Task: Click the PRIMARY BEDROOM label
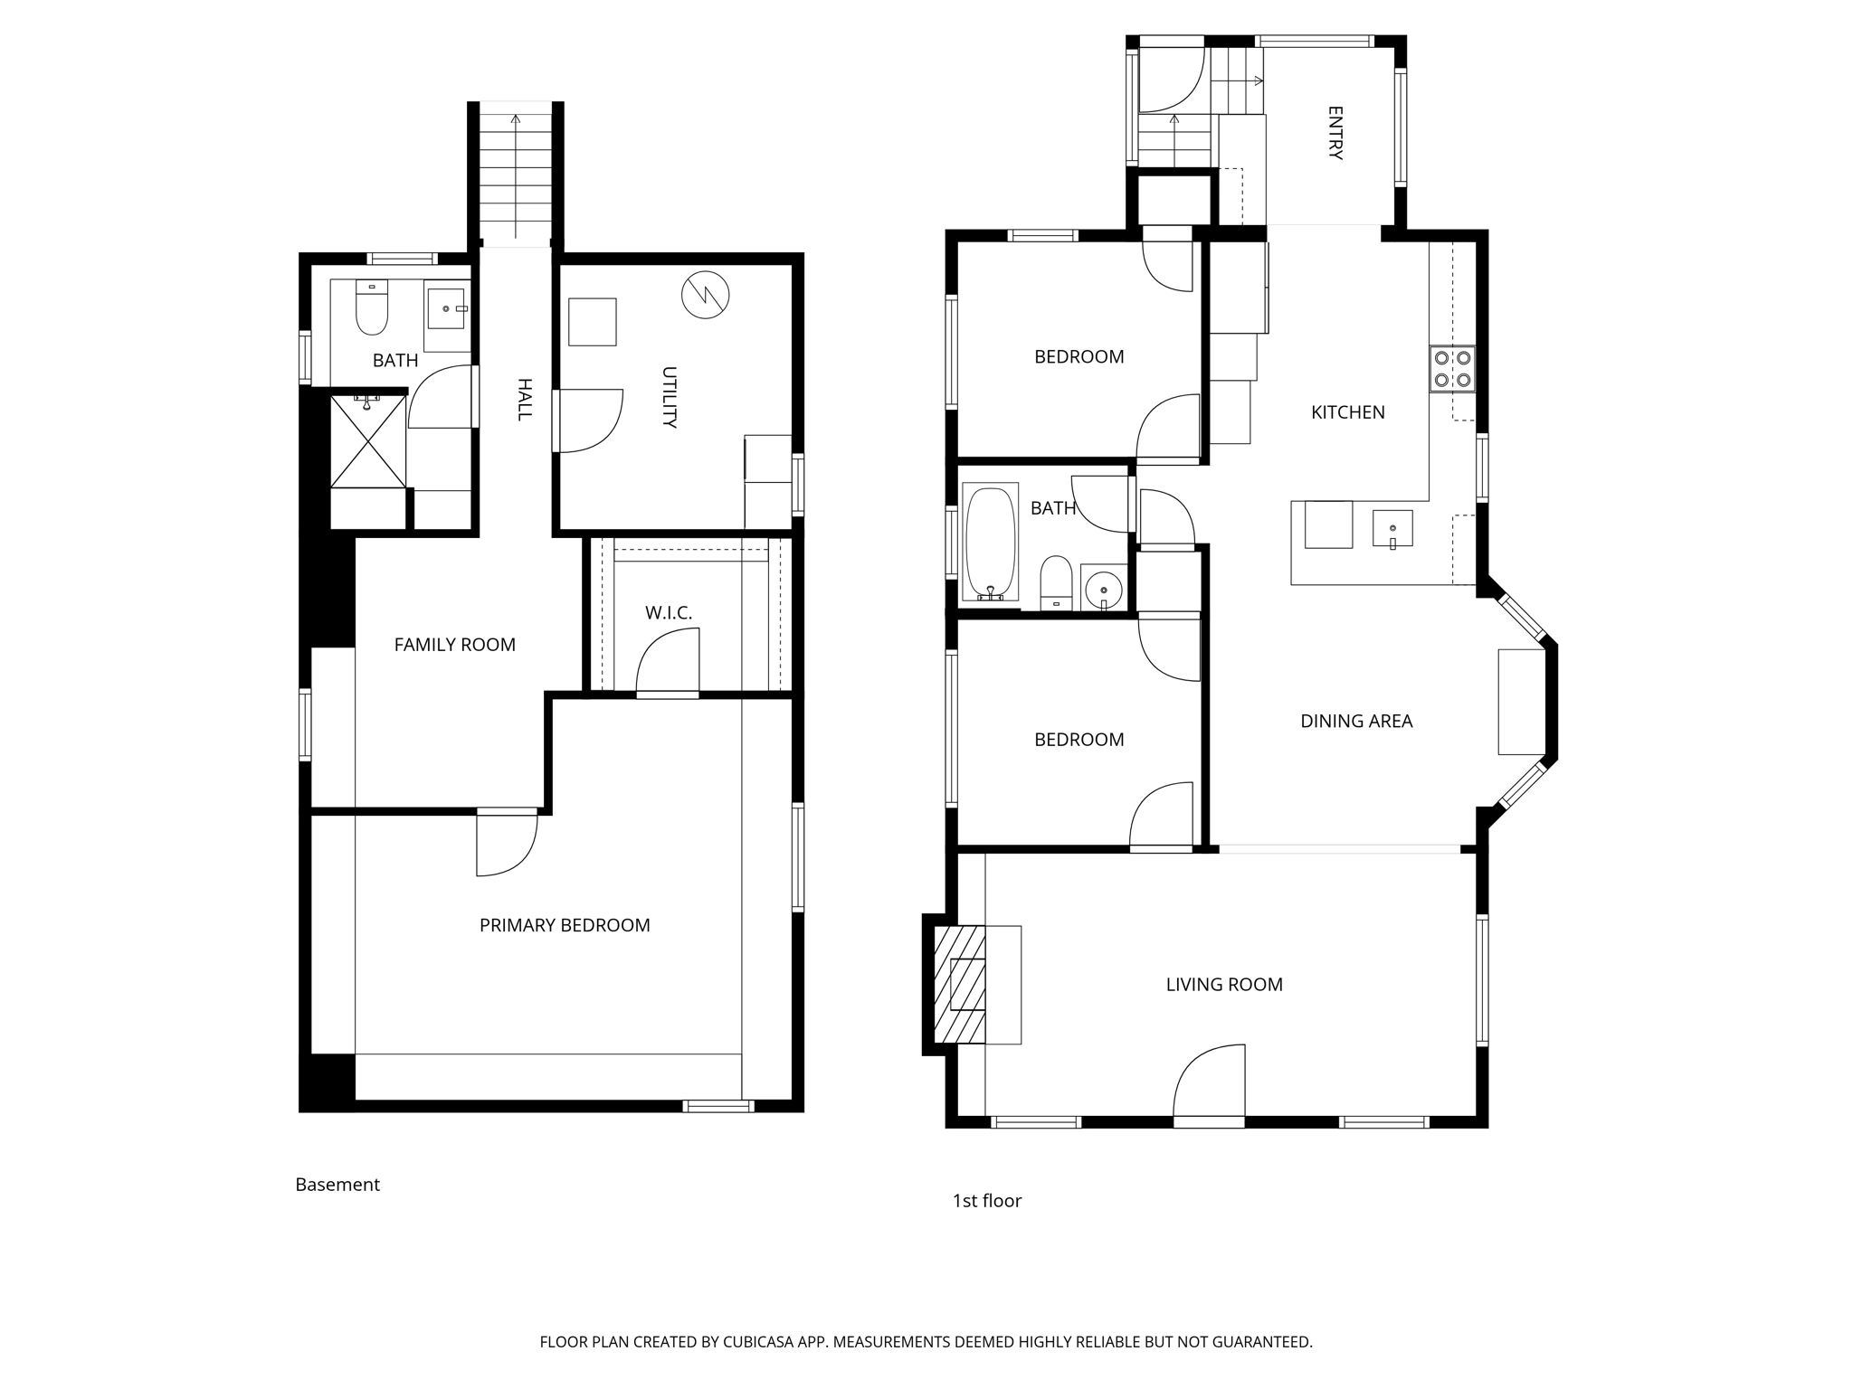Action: (565, 925)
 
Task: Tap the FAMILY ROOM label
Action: (454, 645)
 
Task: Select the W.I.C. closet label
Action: (669, 613)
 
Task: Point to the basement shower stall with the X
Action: (367, 440)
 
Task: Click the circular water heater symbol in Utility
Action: (705, 294)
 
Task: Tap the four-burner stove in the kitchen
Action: (1452, 369)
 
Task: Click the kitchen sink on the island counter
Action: (1392, 529)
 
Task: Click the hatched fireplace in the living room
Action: (960, 984)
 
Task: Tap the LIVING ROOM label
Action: (1224, 985)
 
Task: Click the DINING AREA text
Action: (1356, 722)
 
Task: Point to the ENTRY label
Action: (1335, 133)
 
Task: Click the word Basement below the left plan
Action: (337, 1185)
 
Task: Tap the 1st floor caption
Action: (986, 1201)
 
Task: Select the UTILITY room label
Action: (670, 397)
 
